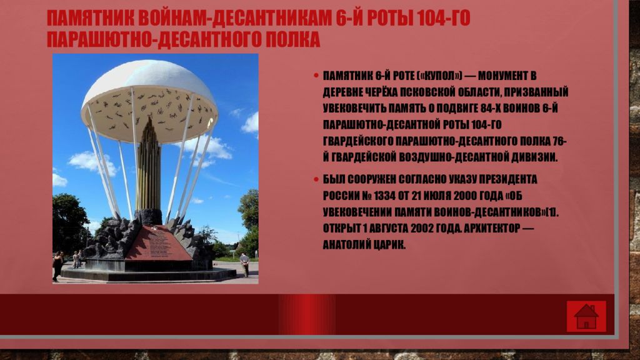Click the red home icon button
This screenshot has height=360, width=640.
point(586,316)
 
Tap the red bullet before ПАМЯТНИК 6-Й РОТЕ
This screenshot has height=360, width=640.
point(316,76)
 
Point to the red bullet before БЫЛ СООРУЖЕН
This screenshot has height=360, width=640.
point(316,179)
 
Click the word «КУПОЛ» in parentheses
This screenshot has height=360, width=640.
point(443,76)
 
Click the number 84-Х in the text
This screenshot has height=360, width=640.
point(489,108)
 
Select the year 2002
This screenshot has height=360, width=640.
point(422,229)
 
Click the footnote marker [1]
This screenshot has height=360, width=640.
point(552,212)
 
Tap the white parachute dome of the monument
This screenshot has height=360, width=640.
point(149,100)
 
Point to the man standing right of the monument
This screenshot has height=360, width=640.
point(244,264)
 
